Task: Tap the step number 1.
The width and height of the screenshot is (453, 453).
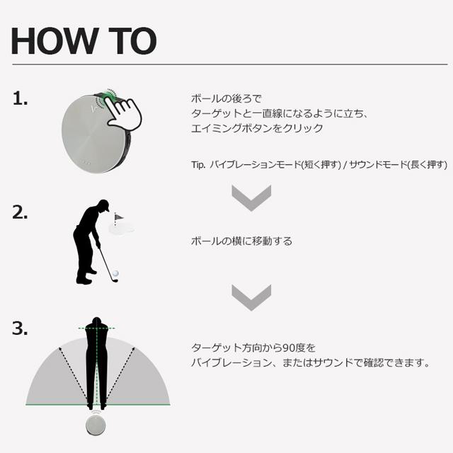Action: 21,100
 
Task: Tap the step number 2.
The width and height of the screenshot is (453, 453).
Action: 21,212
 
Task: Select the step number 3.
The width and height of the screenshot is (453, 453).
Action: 21,328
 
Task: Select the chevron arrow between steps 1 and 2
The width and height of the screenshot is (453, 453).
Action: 251,197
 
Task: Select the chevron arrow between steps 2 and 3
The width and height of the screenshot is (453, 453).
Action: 251,297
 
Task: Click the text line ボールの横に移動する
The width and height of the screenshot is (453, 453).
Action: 241,241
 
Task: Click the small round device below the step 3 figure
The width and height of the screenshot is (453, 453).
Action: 95,424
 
